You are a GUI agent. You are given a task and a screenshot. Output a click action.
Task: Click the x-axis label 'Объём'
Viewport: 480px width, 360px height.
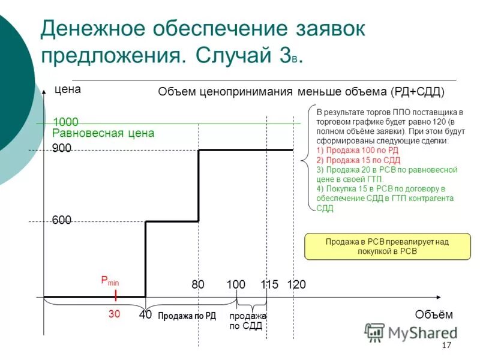coord(433,314)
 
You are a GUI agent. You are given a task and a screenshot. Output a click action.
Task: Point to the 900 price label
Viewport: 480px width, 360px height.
coord(61,148)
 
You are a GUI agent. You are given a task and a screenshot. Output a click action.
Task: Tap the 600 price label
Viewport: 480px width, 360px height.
coord(61,220)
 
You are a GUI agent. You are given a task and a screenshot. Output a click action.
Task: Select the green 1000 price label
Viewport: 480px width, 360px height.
coord(65,122)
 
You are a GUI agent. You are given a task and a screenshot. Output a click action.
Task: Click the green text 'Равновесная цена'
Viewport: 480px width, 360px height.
coord(103,133)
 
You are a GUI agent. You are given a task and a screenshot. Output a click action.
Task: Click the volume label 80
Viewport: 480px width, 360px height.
coord(198,284)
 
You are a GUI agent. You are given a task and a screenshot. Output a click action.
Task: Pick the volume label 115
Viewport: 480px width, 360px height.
coord(269,284)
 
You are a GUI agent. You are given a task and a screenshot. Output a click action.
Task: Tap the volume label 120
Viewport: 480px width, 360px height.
coord(296,284)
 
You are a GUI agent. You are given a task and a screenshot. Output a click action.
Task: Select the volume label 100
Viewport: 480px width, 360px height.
coord(236,284)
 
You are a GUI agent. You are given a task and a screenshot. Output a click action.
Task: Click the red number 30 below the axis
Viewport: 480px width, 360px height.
coord(114,314)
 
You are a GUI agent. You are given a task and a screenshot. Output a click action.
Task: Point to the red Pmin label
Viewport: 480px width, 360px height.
coord(110,281)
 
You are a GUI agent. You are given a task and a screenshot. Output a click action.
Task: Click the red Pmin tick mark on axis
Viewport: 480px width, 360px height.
coord(116,296)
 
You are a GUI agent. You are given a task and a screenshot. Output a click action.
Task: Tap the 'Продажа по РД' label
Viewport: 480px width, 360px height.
coord(187,316)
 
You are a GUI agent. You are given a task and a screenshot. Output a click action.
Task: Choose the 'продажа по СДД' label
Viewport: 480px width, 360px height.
coord(247,320)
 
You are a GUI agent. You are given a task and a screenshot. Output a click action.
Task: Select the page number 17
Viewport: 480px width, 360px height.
coord(446,346)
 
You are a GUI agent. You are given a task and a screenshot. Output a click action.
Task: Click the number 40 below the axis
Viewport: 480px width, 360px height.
coord(145,314)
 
